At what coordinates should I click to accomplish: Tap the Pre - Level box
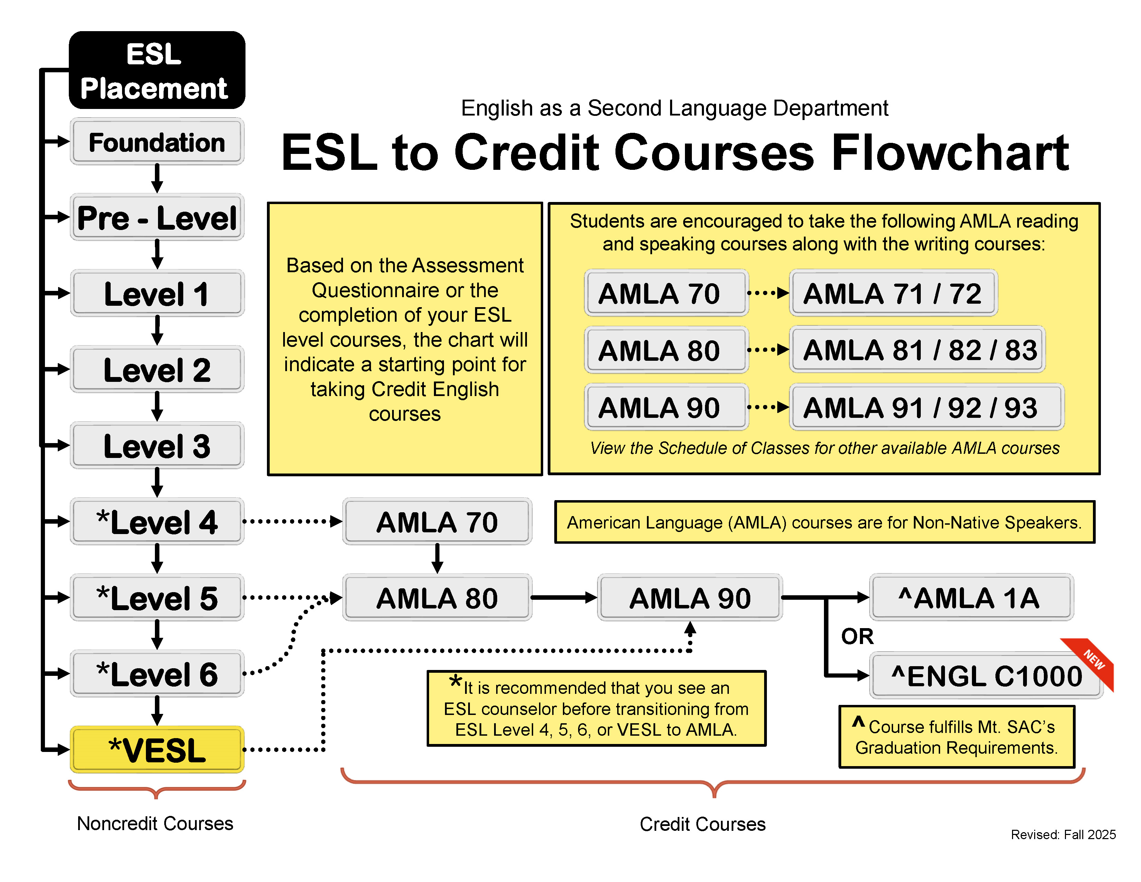pos(157,217)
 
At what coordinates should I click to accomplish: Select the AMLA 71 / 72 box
pos(893,293)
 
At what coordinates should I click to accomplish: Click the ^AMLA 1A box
pos(970,598)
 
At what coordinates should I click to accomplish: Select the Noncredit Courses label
pos(155,824)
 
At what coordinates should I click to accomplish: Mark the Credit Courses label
pos(702,824)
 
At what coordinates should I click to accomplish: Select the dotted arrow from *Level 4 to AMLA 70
pos(293,521)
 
